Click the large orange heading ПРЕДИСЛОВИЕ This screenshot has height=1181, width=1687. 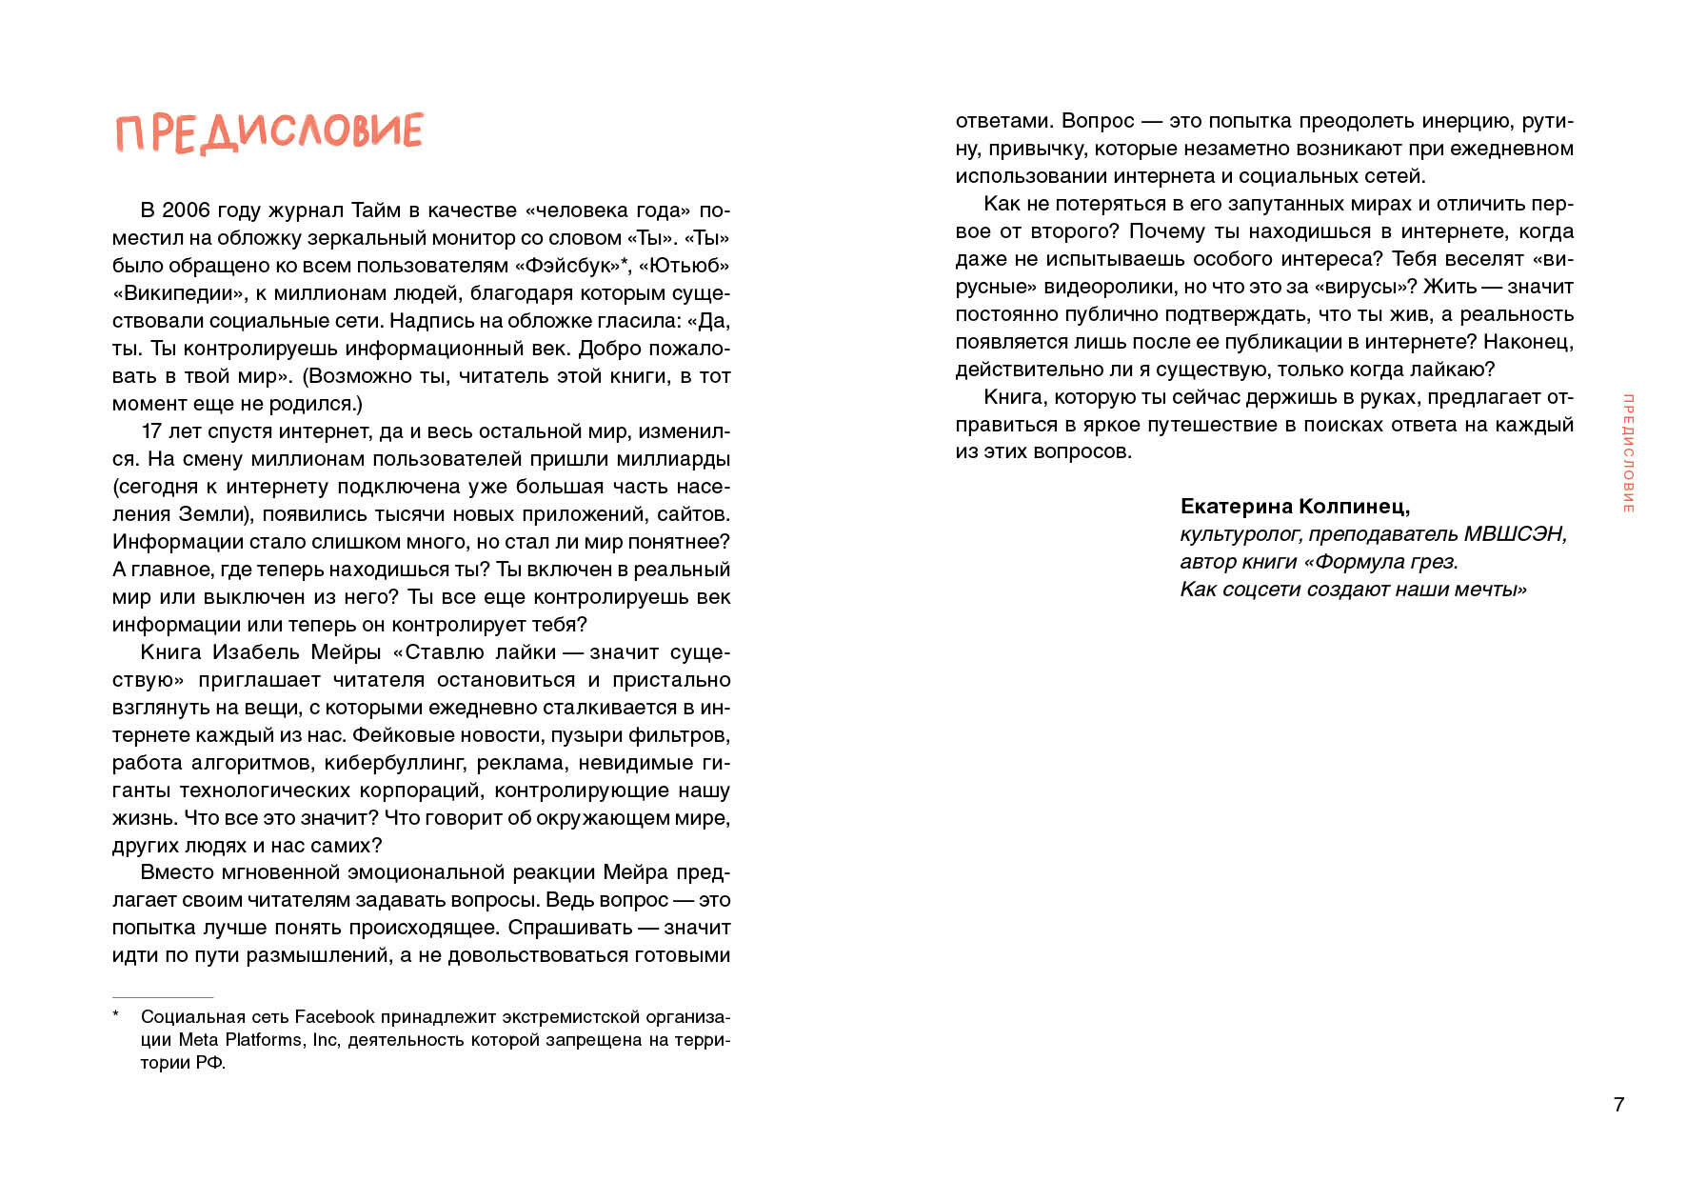click(x=269, y=131)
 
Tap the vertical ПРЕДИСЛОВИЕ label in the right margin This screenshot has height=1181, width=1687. click(x=1628, y=453)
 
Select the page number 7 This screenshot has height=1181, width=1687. click(x=1618, y=1105)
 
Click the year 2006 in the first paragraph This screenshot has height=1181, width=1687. click(x=187, y=210)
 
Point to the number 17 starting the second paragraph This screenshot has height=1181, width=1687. click(x=151, y=431)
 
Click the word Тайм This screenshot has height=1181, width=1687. click(x=377, y=210)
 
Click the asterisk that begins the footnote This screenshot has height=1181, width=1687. click(x=116, y=1015)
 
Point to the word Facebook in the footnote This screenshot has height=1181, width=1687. click(x=334, y=1017)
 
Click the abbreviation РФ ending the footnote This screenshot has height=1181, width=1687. click(x=209, y=1063)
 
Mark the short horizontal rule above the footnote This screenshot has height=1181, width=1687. click(x=163, y=997)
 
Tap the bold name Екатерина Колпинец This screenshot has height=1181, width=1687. click(x=1295, y=507)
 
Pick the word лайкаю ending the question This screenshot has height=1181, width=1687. click(x=1456, y=370)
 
